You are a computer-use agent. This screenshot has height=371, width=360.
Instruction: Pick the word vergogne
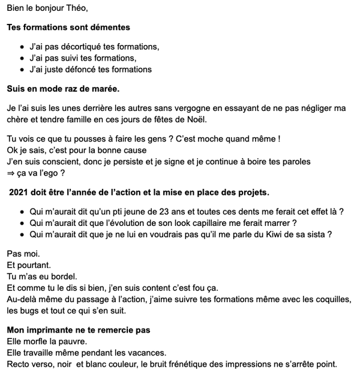click(x=190, y=108)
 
